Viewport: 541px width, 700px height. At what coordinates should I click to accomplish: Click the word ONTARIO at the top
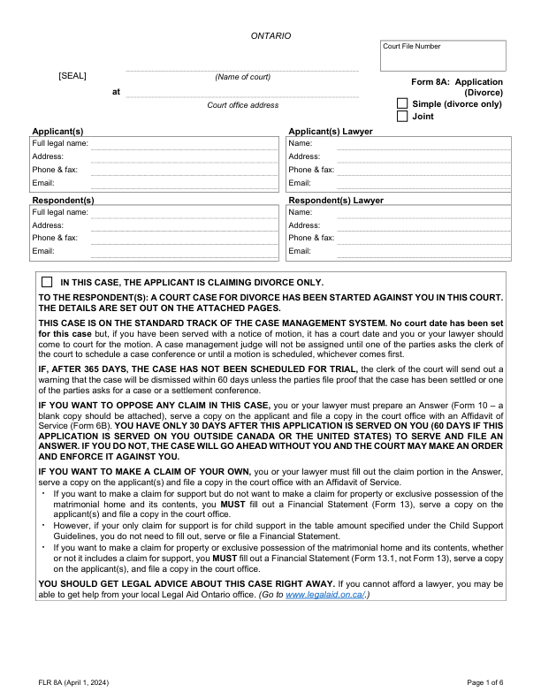[270, 35]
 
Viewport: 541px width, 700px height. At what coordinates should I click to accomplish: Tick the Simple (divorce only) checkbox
[403, 104]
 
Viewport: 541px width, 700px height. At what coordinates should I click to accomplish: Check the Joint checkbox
[403, 117]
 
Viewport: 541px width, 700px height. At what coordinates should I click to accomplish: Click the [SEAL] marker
[72, 76]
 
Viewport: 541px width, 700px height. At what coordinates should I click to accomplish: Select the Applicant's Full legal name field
[184, 143]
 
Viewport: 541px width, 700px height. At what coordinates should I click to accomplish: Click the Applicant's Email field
[184, 183]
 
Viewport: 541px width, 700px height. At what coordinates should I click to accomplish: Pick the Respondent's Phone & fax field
[184, 238]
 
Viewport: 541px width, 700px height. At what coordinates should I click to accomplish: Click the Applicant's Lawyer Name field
[423, 143]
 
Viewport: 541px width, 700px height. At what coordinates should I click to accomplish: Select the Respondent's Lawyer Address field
[423, 224]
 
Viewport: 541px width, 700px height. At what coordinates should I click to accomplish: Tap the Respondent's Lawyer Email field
[423, 251]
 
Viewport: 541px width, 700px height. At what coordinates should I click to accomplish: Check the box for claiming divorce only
[47, 281]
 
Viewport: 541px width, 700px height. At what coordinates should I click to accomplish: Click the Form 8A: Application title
[457, 82]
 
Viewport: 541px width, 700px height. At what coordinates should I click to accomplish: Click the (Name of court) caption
[242, 77]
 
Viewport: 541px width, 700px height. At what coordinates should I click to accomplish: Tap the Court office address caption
[242, 105]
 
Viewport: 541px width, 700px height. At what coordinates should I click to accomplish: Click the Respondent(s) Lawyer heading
[336, 201]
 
